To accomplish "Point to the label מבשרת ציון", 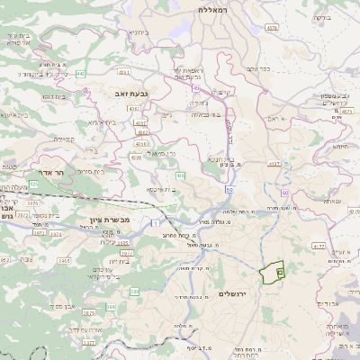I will click(x=110, y=220).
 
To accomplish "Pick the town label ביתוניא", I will click(x=138, y=32).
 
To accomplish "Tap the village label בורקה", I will click(x=321, y=17).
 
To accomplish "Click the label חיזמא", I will click(x=341, y=145).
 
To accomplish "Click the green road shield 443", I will click(x=80, y=73).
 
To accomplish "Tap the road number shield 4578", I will click(x=272, y=28).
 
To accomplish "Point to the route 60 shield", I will click(x=283, y=193).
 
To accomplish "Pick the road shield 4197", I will click(x=274, y=164).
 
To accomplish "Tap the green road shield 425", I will click(x=33, y=184).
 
